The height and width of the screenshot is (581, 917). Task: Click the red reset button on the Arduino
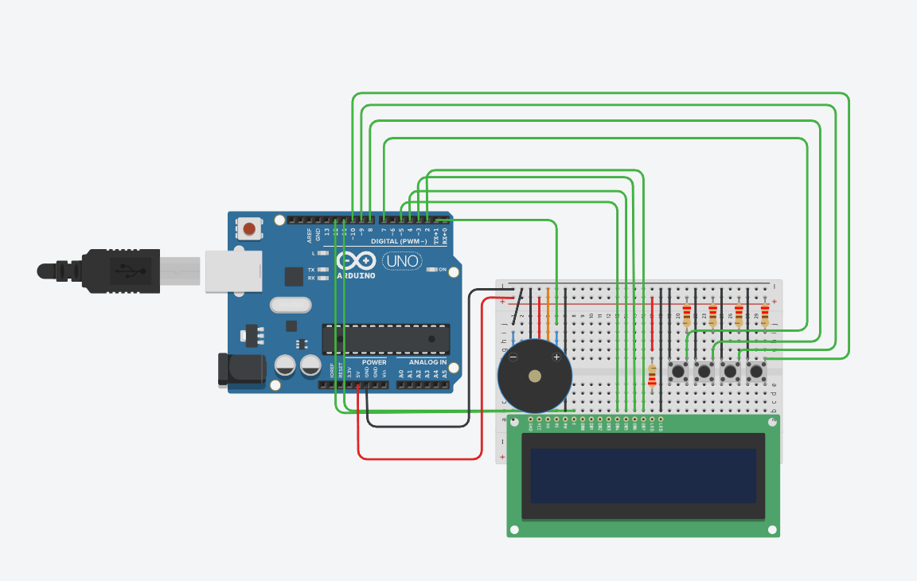click(249, 230)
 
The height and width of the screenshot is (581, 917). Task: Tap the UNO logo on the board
click(402, 260)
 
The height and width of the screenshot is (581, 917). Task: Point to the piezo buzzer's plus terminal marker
click(556, 357)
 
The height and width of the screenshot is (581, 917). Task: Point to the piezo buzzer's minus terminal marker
click(513, 357)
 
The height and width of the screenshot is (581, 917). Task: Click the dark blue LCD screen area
click(643, 475)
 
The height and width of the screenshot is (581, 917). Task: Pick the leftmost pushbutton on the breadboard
click(679, 371)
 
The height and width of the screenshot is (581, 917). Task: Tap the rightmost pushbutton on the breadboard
click(756, 371)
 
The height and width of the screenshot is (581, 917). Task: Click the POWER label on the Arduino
click(374, 363)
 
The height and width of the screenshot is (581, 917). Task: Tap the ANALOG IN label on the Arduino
click(427, 363)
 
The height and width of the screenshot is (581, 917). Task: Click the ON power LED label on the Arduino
click(442, 270)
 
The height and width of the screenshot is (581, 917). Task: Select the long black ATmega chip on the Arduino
click(385, 339)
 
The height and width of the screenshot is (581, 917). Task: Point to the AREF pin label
click(310, 235)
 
